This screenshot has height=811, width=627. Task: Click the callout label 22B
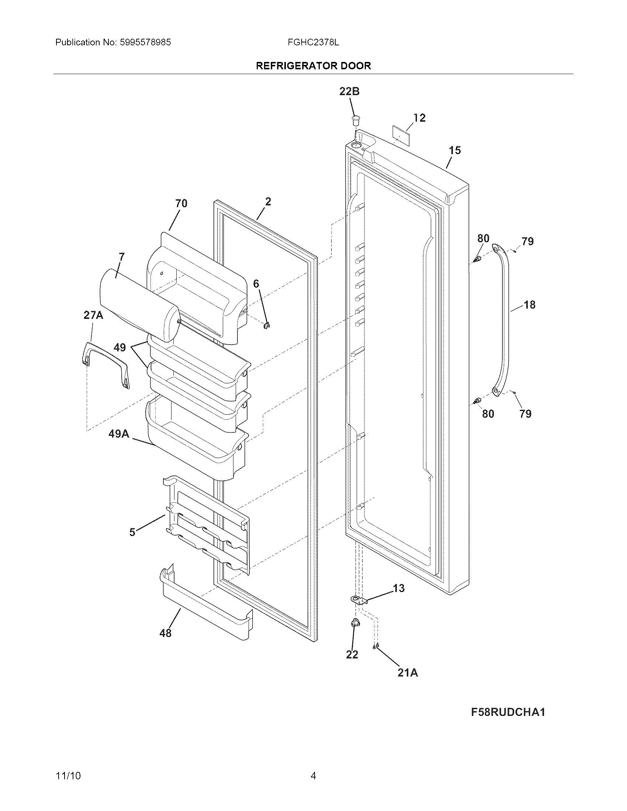point(349,91)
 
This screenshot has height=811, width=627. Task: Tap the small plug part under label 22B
point(356,120)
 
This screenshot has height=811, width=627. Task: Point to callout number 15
point(455,150)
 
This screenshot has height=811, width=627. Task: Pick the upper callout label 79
point(527,241)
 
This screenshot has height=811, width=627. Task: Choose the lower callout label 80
point(488,414)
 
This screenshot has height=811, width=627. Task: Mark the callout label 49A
point(119,434)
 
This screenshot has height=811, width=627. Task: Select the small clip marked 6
point(267,326)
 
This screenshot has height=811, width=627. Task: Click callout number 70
point(181,203)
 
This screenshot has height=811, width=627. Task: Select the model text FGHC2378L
point(313,42)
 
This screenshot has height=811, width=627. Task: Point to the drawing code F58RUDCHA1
point(508,712)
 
